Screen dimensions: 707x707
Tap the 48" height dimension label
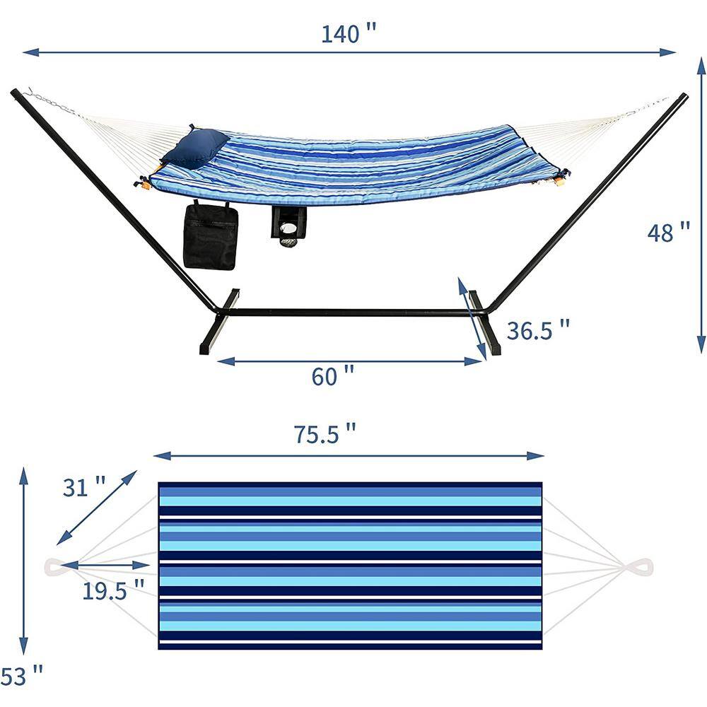tap(668, 232)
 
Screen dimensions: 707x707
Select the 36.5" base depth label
tap(537, 329)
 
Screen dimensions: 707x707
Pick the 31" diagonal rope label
tap(84, 486)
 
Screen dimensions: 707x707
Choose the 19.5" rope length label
tap(113, 590)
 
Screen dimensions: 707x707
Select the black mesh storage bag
tap(211, 237)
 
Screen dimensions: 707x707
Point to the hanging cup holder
tap(288, 225)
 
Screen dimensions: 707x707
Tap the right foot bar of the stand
tap(485, 323)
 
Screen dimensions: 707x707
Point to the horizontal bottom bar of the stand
tap(353, 312)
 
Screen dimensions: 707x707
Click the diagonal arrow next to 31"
tap(97, 507)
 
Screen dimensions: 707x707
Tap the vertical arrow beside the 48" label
tap(701, 205)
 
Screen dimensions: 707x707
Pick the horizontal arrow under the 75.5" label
tap(349, 456)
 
